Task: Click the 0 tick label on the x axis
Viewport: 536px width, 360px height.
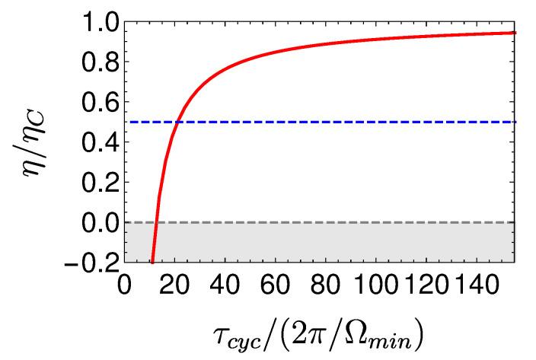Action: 127,288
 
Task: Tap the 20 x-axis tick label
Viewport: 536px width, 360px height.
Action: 177,288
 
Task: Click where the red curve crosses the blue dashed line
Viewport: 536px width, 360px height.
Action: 177,122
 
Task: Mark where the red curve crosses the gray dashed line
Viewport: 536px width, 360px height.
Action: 156,222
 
